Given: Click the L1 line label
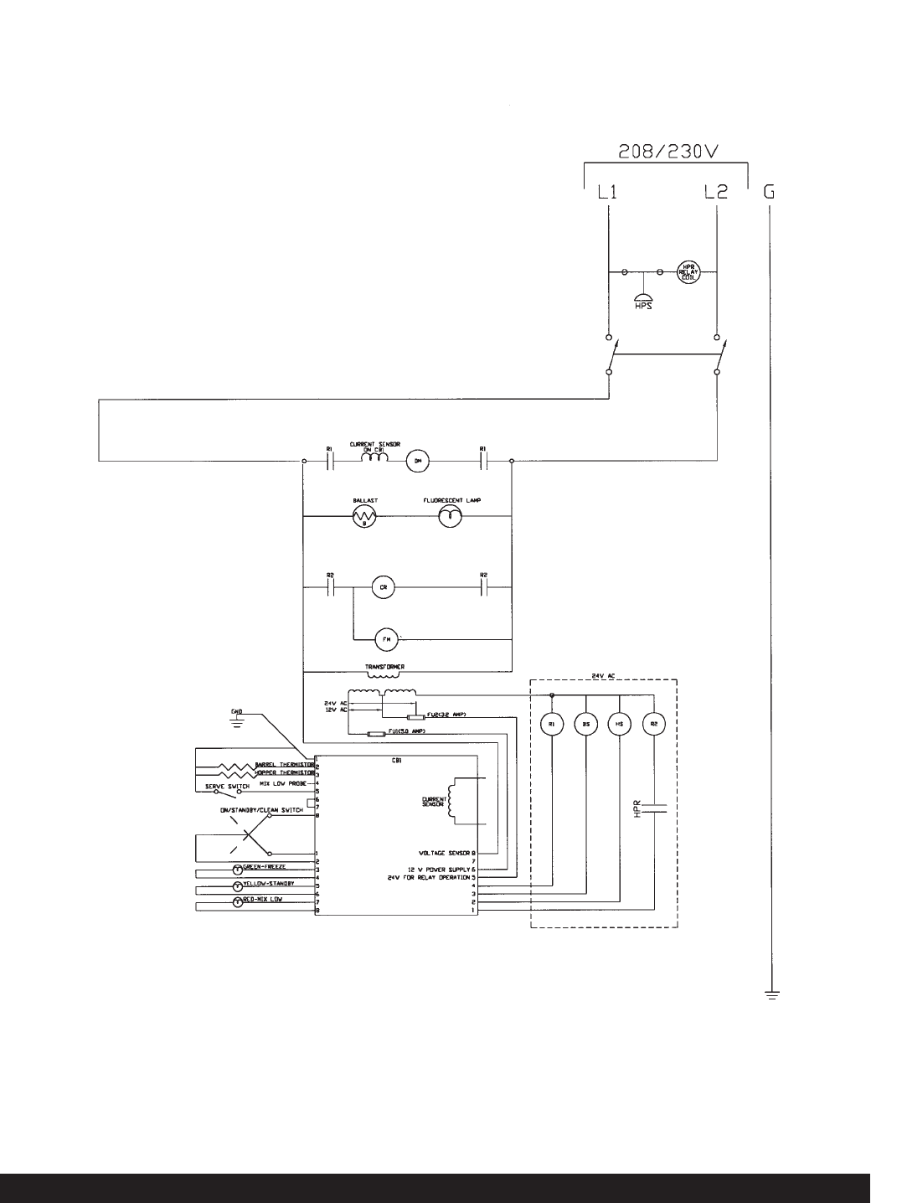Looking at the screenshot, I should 607,192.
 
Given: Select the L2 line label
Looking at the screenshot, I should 716,192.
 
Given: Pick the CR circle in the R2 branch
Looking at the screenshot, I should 382,587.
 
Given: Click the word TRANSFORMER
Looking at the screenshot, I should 385,667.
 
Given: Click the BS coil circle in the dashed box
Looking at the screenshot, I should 585,723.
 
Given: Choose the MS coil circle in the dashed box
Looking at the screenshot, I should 618,723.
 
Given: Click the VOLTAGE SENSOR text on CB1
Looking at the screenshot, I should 445,851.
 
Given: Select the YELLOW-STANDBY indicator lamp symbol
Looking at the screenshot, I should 237,885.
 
